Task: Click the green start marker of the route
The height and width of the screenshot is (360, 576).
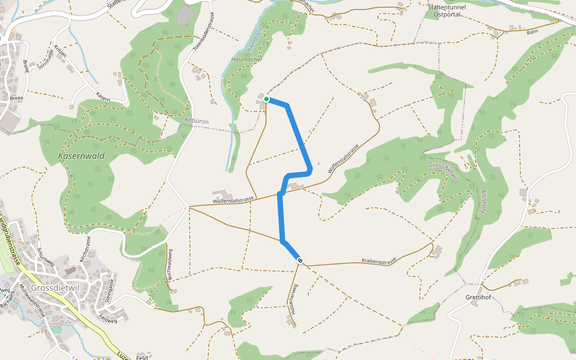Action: [x=266, y=99]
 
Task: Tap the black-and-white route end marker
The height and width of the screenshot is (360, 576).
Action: [x=299, y=260]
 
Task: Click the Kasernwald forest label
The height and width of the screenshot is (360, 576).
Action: [x=82, y=156]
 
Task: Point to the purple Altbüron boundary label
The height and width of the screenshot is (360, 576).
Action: [x=196, y=121]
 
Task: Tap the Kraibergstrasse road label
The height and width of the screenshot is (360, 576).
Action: [x=379, y=261]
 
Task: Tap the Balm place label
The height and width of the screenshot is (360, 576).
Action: [x=532, y=31]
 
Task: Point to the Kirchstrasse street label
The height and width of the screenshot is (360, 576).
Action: [x=86, y=250]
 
